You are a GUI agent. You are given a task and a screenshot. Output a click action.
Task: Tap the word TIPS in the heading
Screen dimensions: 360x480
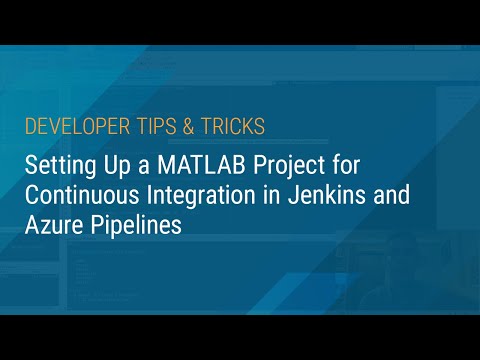pyautogui.click(x=145, y=127)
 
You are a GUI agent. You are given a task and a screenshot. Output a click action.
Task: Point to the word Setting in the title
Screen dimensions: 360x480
pyautogui.click(x=57, y=164)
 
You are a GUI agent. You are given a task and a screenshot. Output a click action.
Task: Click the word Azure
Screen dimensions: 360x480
pyautogui.click(x=54, y=224)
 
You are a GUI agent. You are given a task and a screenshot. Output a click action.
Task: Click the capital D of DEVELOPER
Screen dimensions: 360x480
pyautogui.click(x=29, y=127)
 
